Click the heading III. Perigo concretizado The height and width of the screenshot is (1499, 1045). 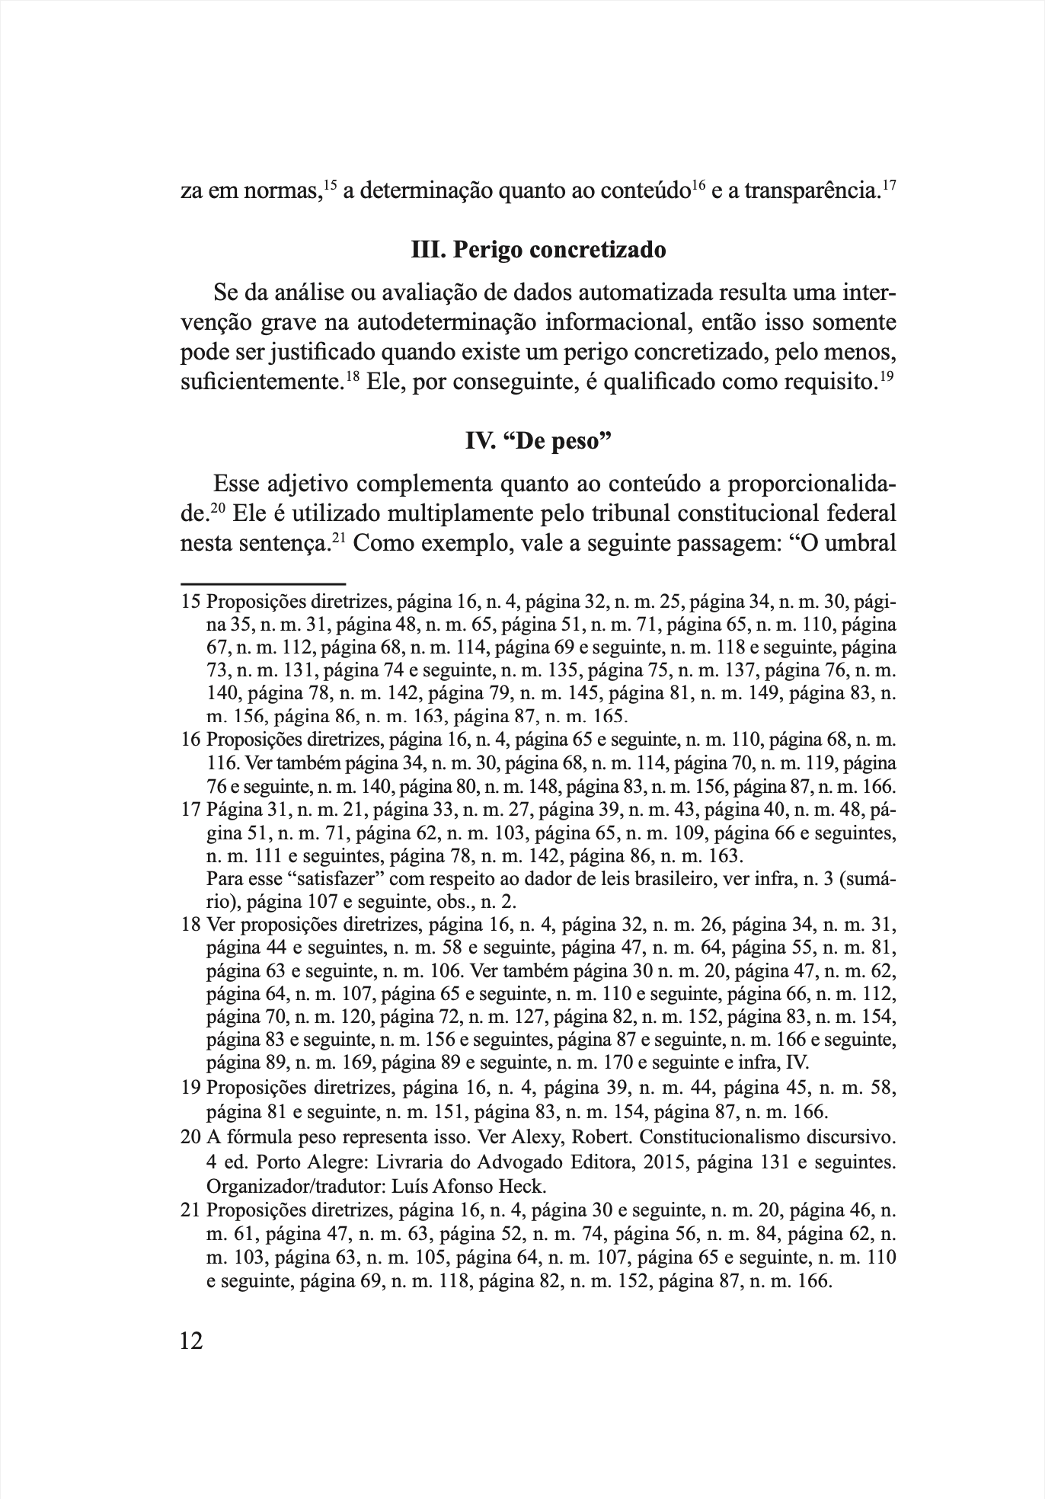pos(538,250)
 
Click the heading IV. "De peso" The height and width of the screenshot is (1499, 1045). pos(538,441)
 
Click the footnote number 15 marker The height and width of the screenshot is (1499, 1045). pos(190,603)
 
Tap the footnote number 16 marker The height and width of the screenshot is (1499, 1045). pos(190,740)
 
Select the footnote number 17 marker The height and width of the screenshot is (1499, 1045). pos(190,810)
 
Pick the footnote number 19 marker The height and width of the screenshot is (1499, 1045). pos(190,1087)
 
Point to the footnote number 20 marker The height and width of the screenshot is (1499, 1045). pos(190,1140)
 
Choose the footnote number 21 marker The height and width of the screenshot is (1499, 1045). pos(190,1211)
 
